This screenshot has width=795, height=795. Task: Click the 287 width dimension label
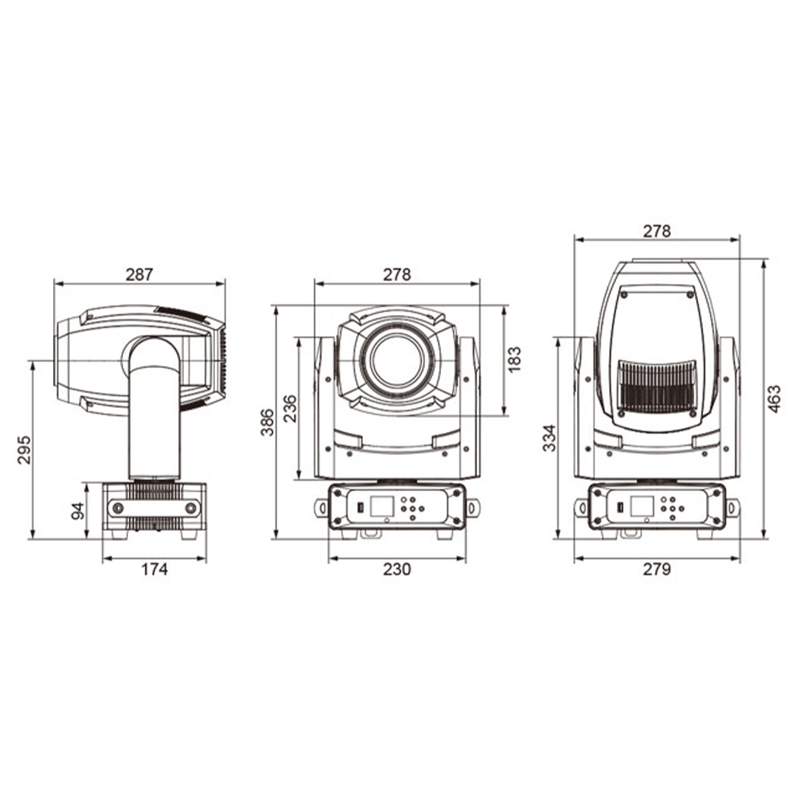(139, 275)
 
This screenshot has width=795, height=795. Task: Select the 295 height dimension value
(25, 449)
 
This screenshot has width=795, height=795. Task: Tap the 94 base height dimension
(78, 510)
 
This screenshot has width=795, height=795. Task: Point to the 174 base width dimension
(155, 569)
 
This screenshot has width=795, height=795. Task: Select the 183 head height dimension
(515, 358)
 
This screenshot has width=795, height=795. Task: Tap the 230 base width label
(397, 569)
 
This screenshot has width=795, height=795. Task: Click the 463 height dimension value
(774, 398)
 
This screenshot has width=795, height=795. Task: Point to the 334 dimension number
(550, 438)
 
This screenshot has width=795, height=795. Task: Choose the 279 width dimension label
(657, 569)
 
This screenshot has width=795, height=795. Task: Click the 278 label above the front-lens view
(397, 275)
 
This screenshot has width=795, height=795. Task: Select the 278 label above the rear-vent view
(657, 231)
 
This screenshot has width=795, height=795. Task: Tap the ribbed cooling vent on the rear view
(657, 386)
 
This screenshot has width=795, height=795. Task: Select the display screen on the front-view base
(381, 506)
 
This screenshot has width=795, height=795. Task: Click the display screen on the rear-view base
(642, 506)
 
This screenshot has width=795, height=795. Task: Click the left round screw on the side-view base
(116, 508)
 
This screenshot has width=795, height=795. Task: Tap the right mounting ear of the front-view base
(473, 506)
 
